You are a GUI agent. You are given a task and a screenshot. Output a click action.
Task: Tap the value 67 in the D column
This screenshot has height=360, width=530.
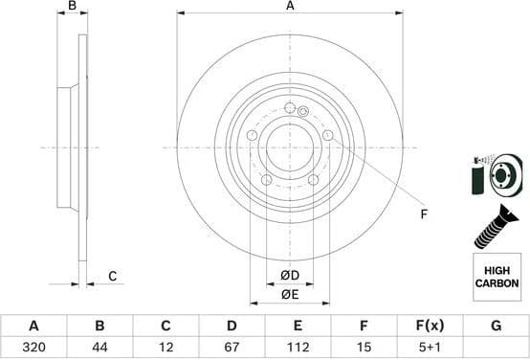click(232, 348)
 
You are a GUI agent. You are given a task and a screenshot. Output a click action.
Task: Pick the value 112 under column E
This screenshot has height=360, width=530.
click(298, 348)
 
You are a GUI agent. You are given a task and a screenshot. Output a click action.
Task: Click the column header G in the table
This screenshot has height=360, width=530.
click(495, 326)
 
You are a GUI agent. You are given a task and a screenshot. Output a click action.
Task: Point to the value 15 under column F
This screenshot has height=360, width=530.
click(364, 348)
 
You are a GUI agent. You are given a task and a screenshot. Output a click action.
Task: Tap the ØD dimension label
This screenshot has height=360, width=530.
click(289, 277)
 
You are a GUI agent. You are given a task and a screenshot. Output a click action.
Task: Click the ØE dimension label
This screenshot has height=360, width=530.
click(289, 295)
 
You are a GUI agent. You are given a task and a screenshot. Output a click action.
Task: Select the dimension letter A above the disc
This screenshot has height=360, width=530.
click(290, 6)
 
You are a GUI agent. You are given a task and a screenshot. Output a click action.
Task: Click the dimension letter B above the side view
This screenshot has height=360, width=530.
click(73, 6)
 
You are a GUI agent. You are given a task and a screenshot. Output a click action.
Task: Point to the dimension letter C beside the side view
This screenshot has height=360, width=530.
click(112, 277)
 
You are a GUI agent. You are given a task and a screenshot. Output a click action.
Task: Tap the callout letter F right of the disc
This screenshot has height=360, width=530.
click(424, 214)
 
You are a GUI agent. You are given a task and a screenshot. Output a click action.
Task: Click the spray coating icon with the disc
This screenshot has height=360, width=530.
click(495, 174)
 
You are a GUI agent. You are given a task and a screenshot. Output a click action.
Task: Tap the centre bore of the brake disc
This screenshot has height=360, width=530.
click(289, 147)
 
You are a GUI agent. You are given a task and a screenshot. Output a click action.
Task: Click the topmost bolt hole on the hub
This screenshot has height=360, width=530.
click(289, 106)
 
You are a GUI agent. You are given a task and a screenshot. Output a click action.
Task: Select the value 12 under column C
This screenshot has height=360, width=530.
click(166, 348)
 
